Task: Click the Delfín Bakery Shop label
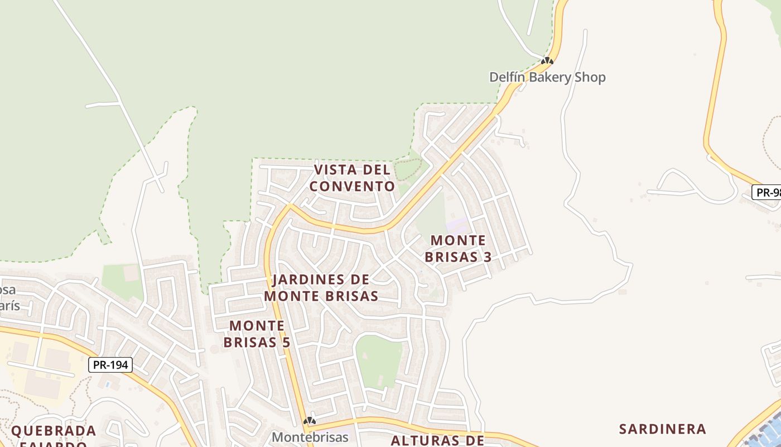pyautogui.click(x=547, y=77)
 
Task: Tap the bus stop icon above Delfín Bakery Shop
pyautogui.click(x=547, y=61)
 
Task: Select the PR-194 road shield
pyautogui.click(x=111, y=365)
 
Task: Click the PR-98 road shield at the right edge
pyautogui.click(x=768, y=193)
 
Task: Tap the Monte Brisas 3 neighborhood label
pyautogui.click(x=458, y=249)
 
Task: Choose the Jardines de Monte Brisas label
pyautogui.click(x=321, y=288)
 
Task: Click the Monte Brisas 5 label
pyautogui.click(x=257, y=334)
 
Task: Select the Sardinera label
pyautogui.click(x=663, y=429)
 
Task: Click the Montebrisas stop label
pyautogui.click(x=310, y=437)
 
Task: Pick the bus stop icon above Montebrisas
pyautogui.click(x=310, y=420)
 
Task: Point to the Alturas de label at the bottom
pyautogui.click(x=437, y=440)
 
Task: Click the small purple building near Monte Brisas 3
pyautogui.click(x=457, y=226)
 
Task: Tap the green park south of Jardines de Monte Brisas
pyautogui.click(x=379, y=360)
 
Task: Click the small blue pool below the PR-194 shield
pyautogui.click(x=107, y=385)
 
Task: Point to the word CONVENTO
pyautogui.click(x=352, y=186)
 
